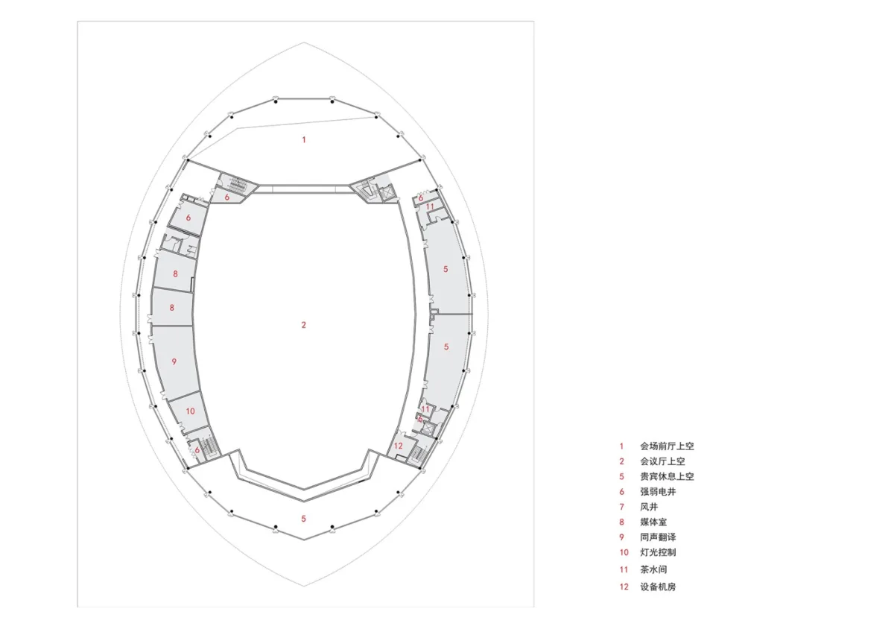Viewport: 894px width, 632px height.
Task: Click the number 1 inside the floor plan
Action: point(304,139)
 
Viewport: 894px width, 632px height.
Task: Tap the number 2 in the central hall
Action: point(304,325)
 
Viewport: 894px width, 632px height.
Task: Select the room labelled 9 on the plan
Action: point(175,361)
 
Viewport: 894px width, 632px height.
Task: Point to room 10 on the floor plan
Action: point(190,412)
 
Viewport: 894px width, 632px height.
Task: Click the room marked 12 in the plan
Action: point(399,445)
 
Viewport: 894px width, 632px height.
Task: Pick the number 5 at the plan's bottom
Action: point(304,519)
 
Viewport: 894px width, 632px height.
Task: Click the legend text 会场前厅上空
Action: point(667,446)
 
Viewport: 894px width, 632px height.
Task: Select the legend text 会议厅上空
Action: point(662,461)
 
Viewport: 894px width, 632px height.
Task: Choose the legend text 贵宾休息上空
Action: point(667,476)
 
